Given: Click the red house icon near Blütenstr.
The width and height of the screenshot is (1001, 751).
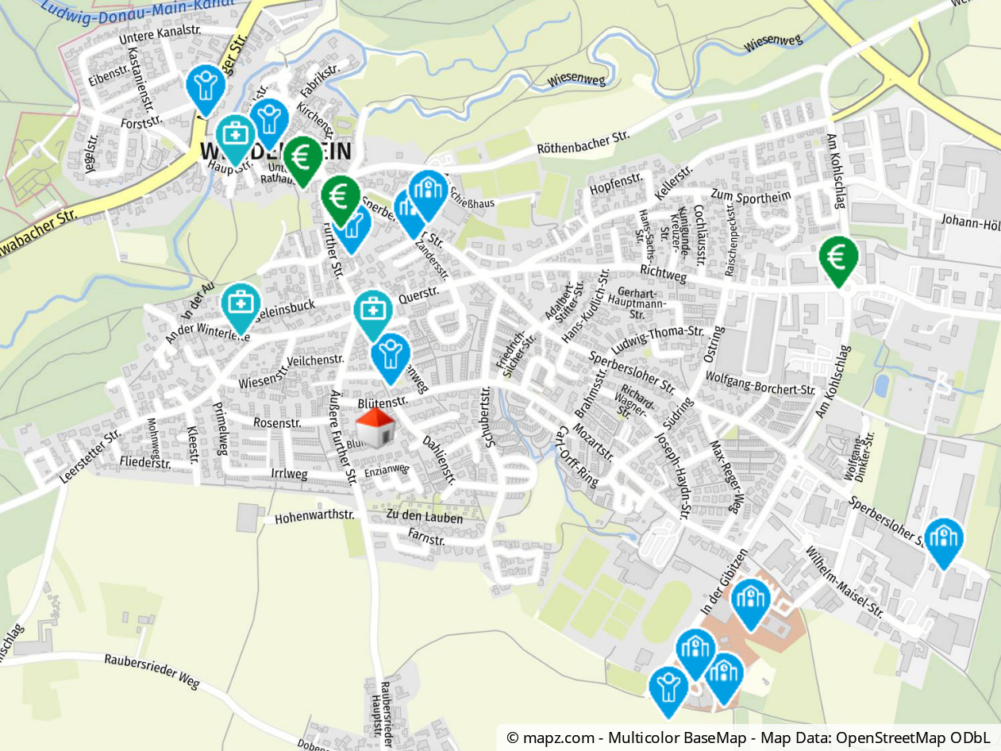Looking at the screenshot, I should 375,426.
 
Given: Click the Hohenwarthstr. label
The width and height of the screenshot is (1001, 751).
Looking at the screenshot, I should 314,517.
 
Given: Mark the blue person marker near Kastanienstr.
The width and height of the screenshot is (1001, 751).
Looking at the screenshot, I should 206,86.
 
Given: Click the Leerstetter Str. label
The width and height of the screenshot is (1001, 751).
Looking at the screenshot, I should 89,457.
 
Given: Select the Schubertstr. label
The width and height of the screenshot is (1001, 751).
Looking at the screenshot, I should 489,418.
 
